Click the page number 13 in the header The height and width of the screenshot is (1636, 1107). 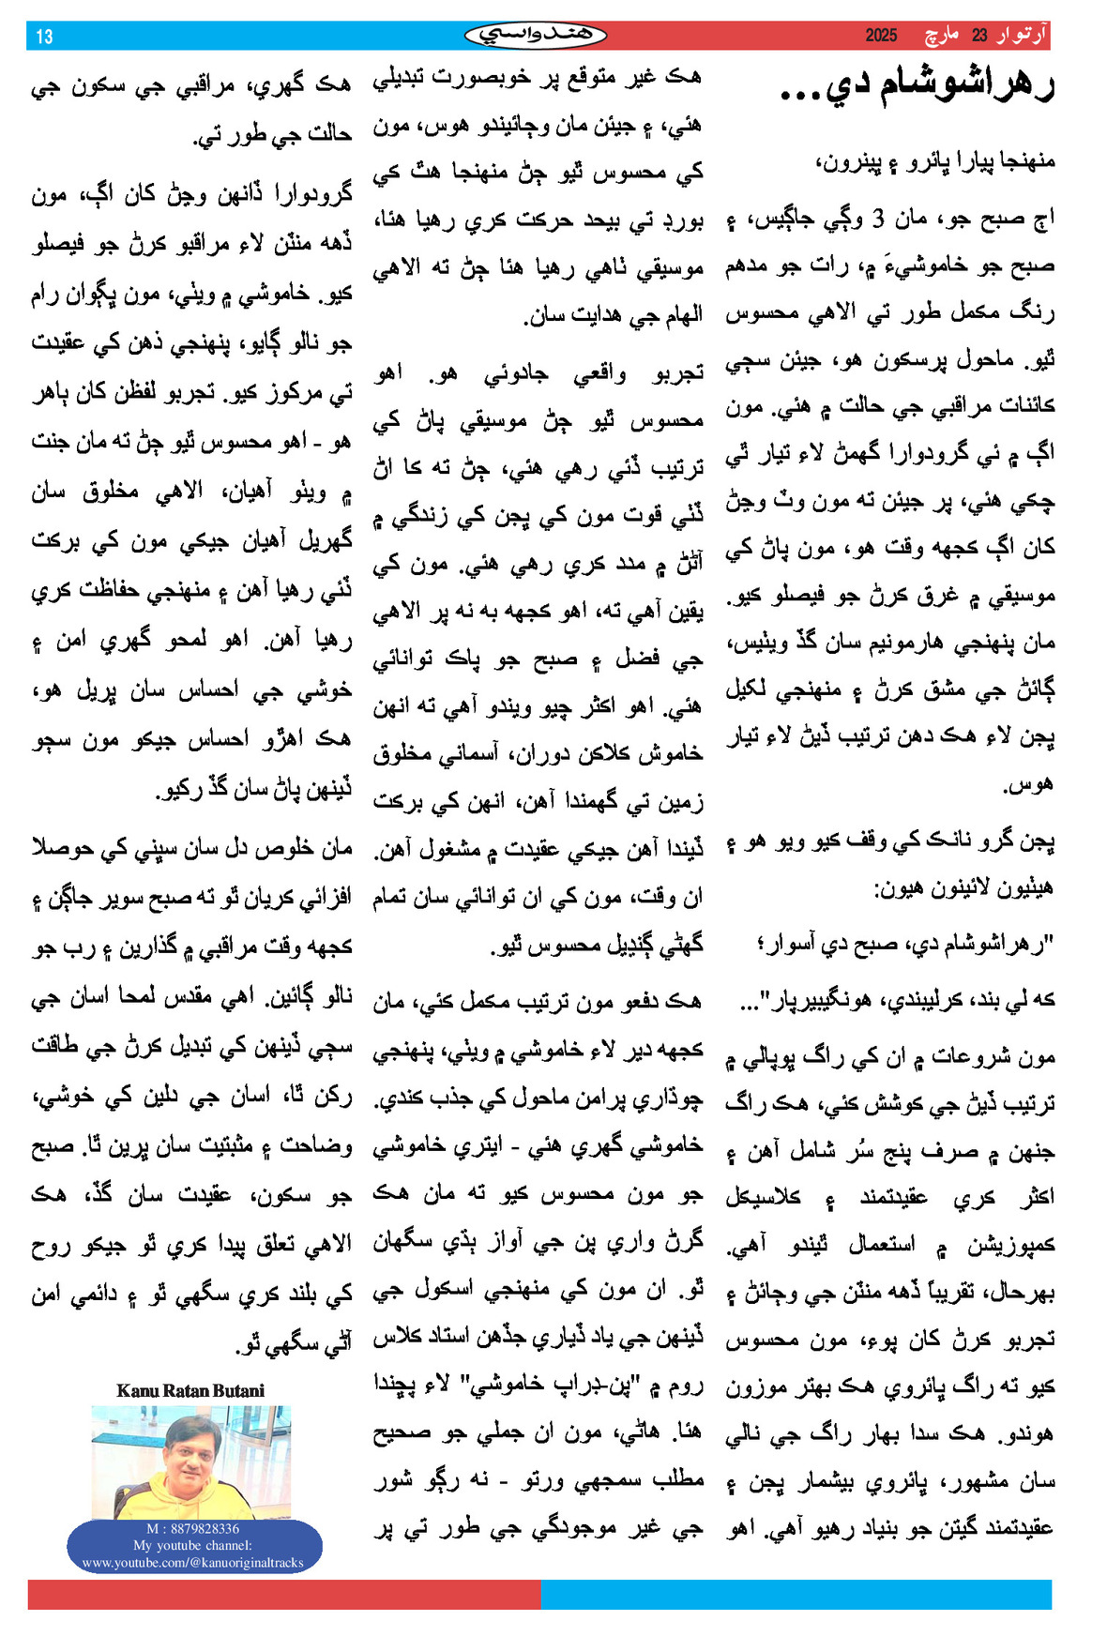pyautogui.click(x=44, y=37)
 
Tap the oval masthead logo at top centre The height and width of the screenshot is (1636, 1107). pyautogui.click(x=536, y=36)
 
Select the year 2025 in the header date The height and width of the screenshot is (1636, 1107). pyautogui.click(x=881, y=36)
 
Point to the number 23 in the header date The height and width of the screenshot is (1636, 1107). pyautogui.click(x=979, y=36)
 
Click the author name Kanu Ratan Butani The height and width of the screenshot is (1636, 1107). pyautogui.click(x=190, y=1390)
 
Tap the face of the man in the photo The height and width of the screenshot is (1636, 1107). pyautogui.click(x=193, y=1455)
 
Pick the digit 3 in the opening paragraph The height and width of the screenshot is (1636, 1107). pyautogui.click(x=878, y=220)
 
